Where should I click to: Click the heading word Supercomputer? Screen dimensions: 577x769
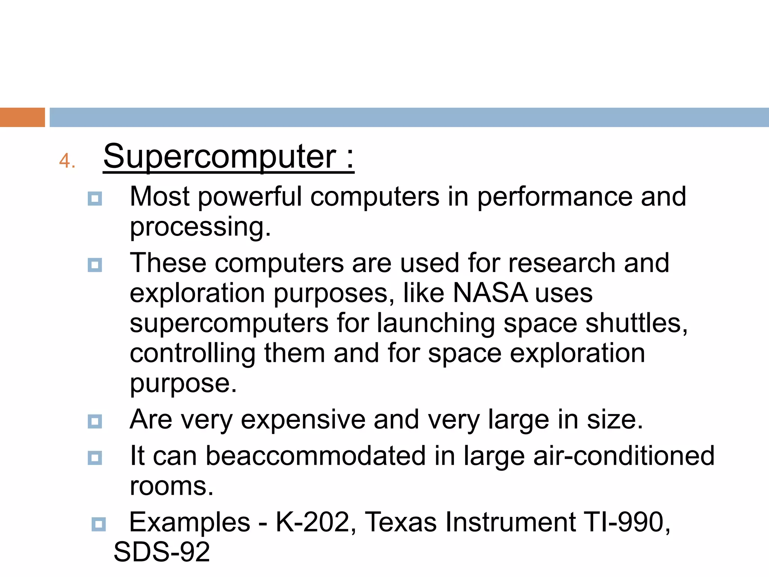(219, 157)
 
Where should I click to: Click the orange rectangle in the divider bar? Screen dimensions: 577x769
(22, 117)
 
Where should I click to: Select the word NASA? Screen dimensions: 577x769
(490, 293)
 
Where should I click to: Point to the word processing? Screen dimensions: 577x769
(200, 228)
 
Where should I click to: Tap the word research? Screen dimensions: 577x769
(561, 263)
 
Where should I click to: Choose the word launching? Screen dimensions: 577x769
(436, 323)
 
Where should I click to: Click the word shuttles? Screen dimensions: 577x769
(636, 323)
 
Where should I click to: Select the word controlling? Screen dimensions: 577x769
(193, 353)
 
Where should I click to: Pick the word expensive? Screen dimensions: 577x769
(303, 420)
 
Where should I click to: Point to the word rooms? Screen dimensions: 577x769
(172, 486)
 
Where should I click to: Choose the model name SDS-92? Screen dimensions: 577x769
(162, 552)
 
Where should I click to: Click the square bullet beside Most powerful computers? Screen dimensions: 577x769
(95, 199)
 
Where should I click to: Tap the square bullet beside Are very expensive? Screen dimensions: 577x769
(95, 421)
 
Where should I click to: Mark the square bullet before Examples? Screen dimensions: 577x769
(99, 524)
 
